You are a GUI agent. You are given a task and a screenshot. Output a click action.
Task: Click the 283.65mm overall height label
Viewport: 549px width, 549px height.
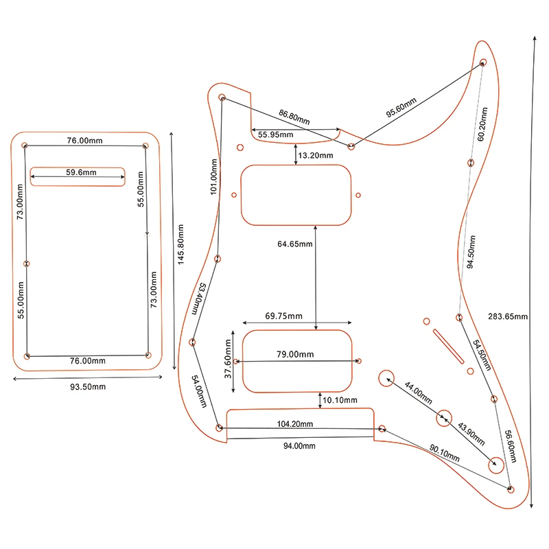coord(508,316)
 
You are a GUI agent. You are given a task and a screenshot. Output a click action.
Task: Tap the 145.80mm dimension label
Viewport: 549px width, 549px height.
coord(180,245)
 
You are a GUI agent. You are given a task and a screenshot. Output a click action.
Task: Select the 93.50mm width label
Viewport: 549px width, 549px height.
coord(88,387)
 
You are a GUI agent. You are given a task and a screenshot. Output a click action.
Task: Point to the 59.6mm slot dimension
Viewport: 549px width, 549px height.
coord(82,172)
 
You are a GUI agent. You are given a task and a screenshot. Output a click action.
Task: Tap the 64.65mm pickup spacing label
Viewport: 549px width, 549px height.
coord(295,244)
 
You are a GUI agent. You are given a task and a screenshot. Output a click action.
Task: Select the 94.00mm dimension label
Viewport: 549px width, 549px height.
coord(300,446)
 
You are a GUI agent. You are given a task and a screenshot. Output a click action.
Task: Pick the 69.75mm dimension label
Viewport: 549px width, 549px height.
coord(283,316)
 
